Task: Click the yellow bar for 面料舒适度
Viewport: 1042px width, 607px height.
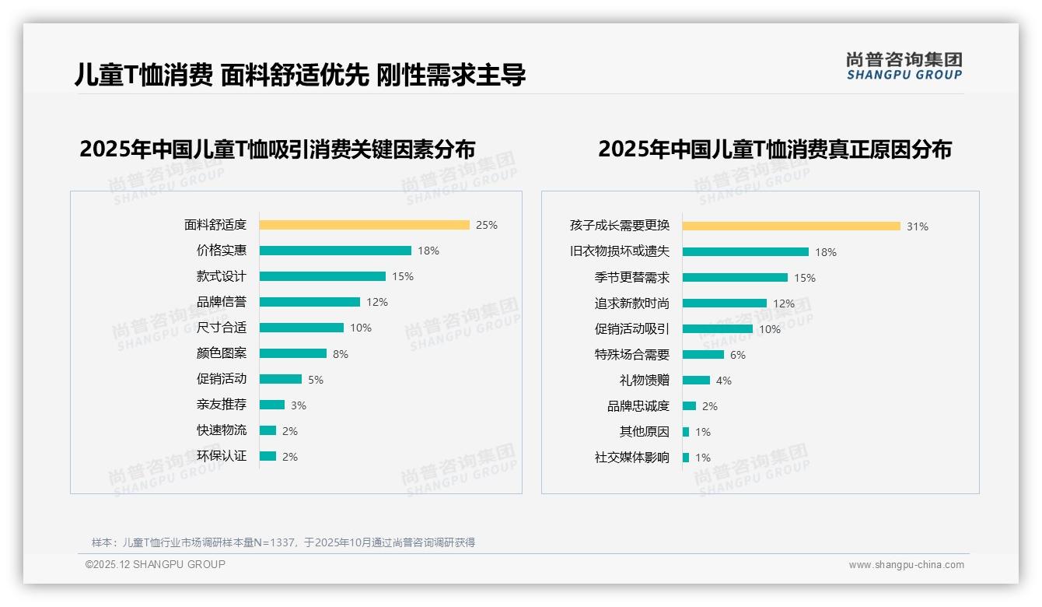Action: tap(364, 225)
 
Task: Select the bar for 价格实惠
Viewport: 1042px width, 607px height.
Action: tap(335, 251)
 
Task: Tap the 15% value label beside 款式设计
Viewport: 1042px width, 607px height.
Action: tap(403, 276)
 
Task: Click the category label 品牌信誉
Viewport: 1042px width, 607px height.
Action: tap(222, 302)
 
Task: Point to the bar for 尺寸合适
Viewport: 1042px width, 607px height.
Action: tap(302, 328)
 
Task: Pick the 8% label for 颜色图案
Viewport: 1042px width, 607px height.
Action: tap(341, 354)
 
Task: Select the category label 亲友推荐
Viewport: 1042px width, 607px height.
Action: tap(222, 405)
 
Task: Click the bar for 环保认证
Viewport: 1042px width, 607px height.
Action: tap(267, 456)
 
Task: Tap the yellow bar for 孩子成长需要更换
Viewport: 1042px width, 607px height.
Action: tap(791, 226)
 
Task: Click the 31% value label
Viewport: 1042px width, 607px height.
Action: tap(918, 226)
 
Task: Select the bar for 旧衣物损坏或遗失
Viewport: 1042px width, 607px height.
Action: tap(745, 251)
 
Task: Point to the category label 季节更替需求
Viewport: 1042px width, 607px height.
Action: tap(631, 278)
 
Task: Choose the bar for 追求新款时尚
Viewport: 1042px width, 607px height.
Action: tap(724, 303)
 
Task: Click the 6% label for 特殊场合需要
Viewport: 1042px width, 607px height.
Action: tap(737, 355)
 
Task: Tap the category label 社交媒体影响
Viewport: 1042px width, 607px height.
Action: tap(631, 458)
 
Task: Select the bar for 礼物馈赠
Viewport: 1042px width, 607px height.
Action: tap(696, 380)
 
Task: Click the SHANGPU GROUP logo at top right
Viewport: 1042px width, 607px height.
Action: tap(904, 65)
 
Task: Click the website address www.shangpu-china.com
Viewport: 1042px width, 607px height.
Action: tap(906, 565)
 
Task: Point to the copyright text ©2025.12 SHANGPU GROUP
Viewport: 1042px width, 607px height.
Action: tap(156, 564)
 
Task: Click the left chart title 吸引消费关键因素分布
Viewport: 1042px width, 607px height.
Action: tap(277, 149)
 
